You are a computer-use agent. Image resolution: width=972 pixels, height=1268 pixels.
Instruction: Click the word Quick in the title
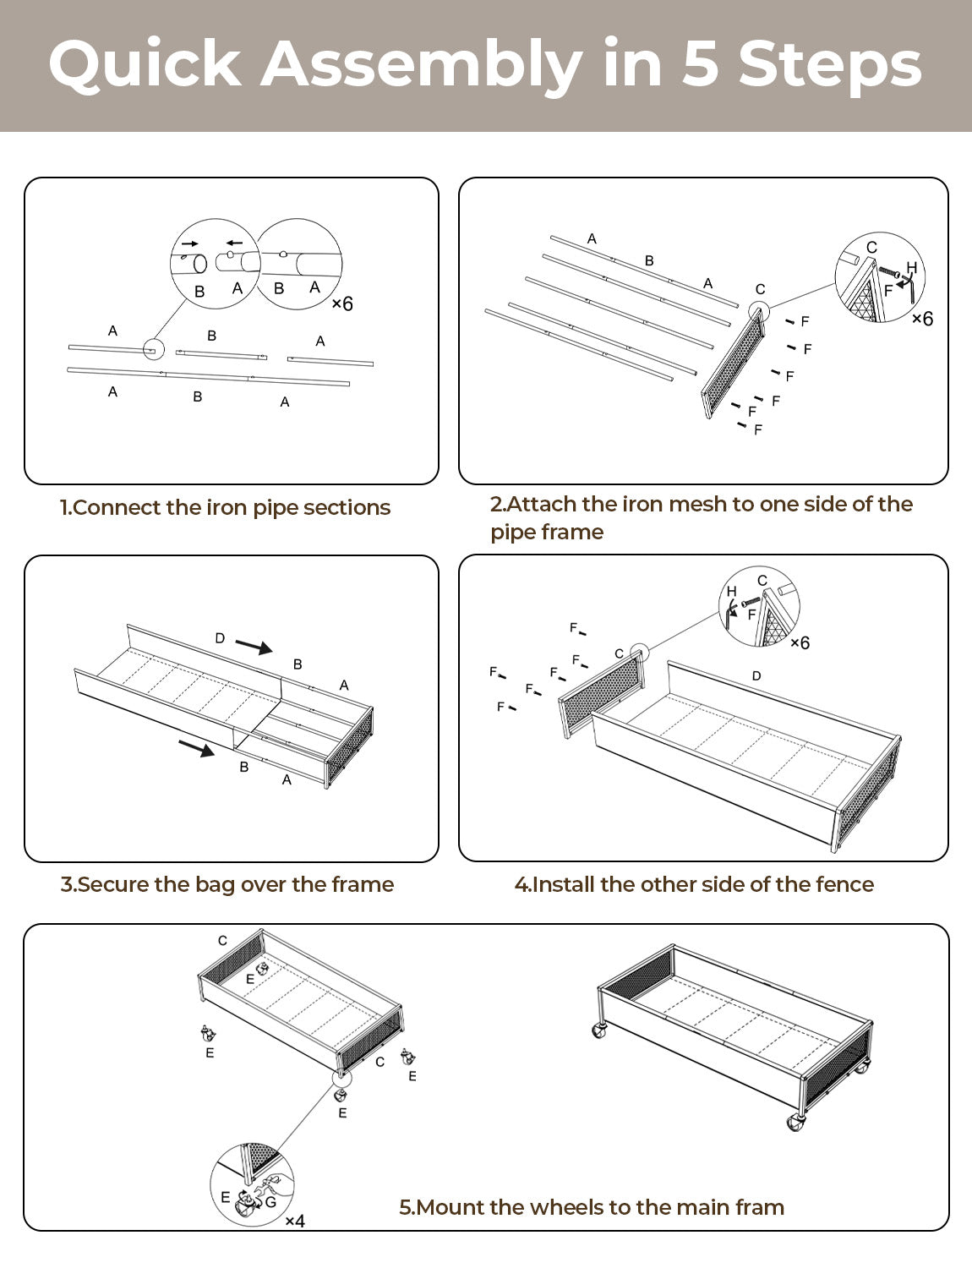(144, 64)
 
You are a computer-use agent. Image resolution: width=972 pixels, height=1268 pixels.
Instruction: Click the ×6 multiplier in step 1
(342, 303)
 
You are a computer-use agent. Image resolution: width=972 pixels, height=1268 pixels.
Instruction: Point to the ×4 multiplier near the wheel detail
(294, 1221)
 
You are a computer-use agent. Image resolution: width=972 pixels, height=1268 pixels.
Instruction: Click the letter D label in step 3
(220, 638)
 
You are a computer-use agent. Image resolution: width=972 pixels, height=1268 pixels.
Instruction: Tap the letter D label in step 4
(756, 675)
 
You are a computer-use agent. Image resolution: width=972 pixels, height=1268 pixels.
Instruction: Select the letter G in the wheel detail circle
(270, 1201)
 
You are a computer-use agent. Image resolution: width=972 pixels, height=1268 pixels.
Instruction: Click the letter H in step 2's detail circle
(911, 268)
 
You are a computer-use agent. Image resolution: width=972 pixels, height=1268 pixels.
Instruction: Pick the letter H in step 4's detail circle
(731, 591)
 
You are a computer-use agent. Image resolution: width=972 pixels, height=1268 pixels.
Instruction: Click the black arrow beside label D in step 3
(254, 647)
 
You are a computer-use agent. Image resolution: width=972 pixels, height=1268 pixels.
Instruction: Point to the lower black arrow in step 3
(196, 748)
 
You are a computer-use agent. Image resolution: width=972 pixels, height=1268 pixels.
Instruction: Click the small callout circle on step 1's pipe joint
(153, 349)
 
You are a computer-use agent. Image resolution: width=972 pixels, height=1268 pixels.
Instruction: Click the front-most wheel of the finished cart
(795, 1123)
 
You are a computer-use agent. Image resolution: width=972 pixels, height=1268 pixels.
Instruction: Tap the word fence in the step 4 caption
(844, 884)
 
